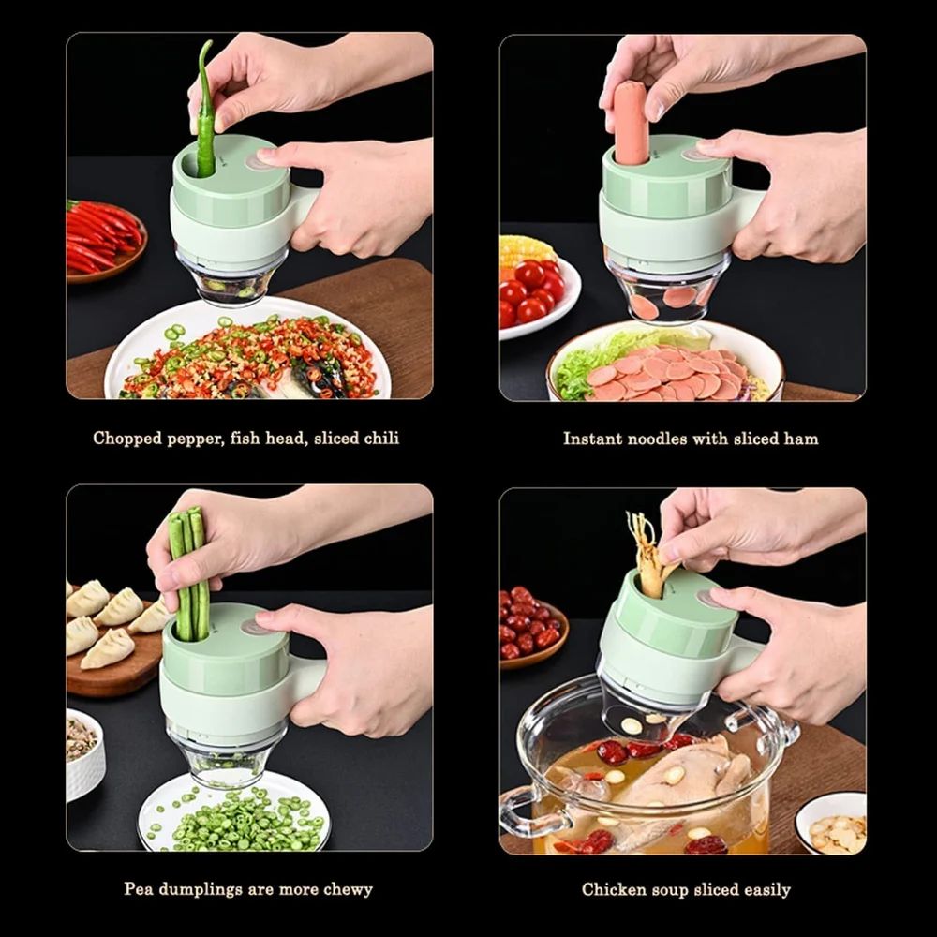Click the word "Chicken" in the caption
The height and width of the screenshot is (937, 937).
[613, 888]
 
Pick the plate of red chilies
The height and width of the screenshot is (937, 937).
[103, 239]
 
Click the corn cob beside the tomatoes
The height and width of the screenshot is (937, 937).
[527, 250]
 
